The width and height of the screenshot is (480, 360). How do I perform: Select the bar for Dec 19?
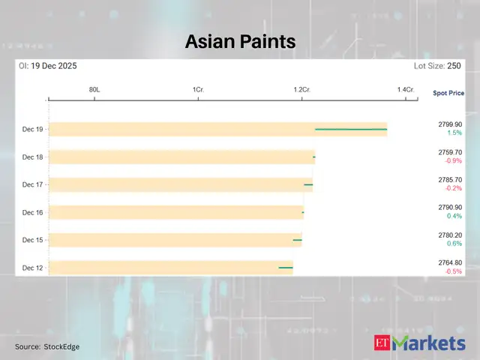(x=217, y=129)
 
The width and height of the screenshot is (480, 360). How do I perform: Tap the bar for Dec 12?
(x=170, y=267)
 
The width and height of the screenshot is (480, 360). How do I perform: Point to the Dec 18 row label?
(x=32, y=157)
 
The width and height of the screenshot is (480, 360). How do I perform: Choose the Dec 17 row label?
(x=32, y=184)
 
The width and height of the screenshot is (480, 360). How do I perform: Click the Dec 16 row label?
(x=32, y=212)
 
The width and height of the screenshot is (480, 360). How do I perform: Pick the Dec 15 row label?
(x=32, y=240)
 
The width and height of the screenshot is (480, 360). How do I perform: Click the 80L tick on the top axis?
(x=94, y=90)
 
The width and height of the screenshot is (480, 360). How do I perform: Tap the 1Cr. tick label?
(x=198, y=90)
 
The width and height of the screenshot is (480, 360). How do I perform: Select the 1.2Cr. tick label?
(x=301, y=90)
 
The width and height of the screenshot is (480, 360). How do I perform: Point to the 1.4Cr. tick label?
(x=405, y=90)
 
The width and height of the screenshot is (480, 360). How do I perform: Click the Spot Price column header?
(x=448, y=93)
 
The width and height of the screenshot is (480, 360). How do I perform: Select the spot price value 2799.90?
(x=450, y=124)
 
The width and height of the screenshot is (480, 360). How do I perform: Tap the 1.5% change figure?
(x=454, y=133)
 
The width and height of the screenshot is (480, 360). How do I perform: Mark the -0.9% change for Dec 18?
(x=453, y=160)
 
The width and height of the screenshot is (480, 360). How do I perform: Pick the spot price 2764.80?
(x=450, y=262)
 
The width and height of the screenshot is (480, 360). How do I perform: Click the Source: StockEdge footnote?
(x=46, y=346)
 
